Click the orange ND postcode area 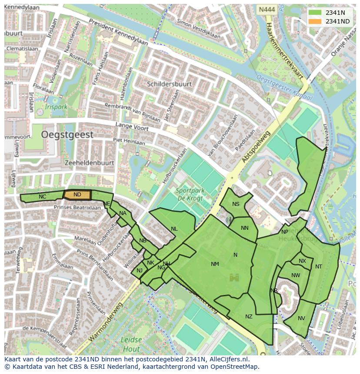pyautogui.click(x=77, y=195)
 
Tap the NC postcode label pyautogui.click(x=42, y=197)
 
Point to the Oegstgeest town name pyautogui.click(x=67, y=135)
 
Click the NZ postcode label pyautogui.click(x=249, y=317)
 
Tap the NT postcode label pyautogui.click(x=319, y=267)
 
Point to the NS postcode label pyautogui.click(x=236, y=204)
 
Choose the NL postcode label pyautogui.click(x=174, y=229)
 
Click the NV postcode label pyautogui.click(x=301, y=318)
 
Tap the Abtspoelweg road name pyautogui.click(x=256, y=148)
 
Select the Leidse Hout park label pyautogui.click(x=131, y=344)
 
